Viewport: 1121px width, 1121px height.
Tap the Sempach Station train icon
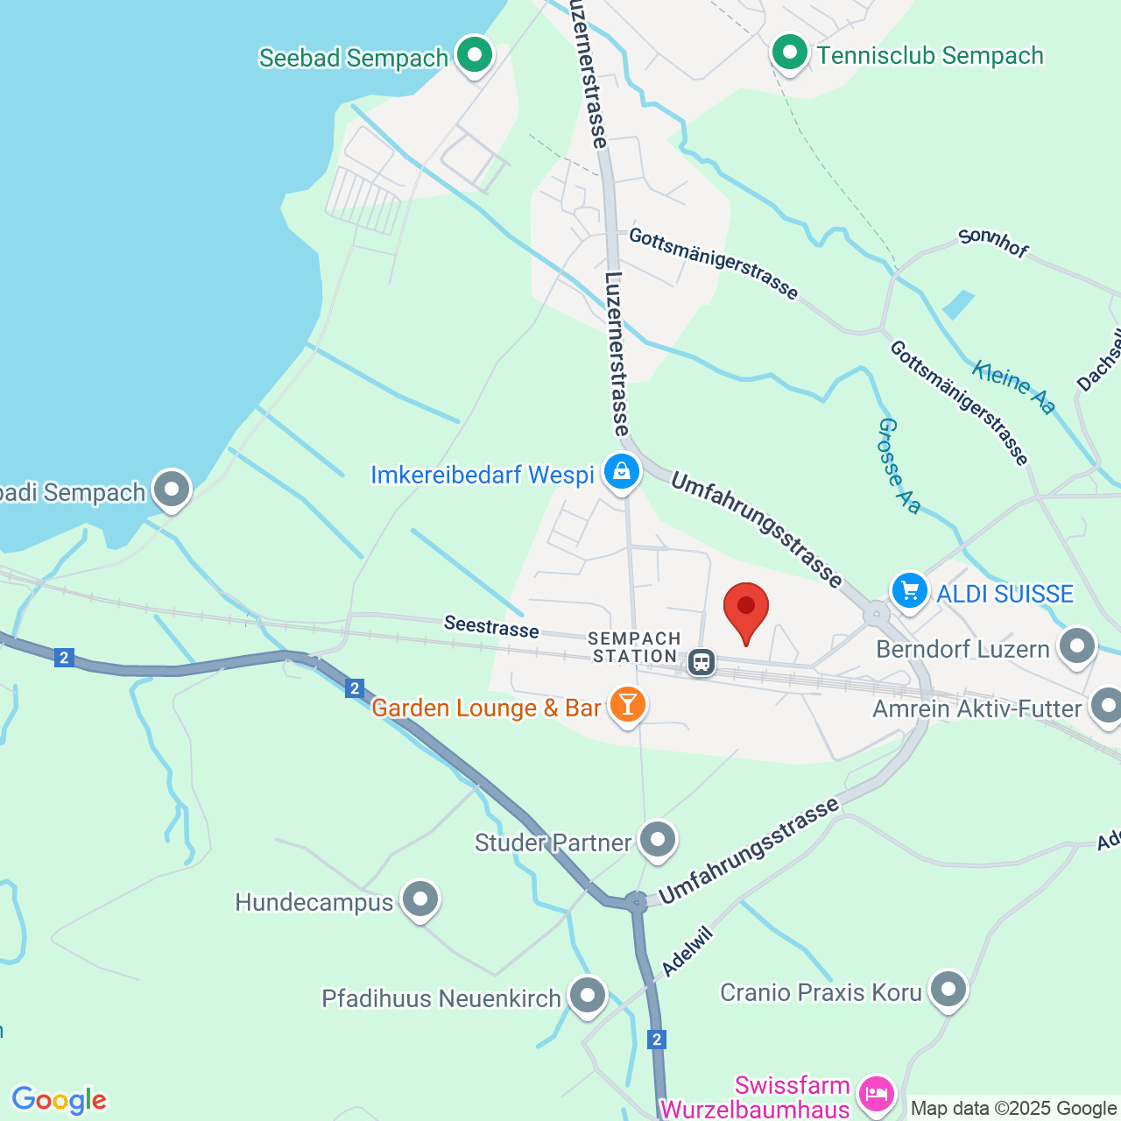pos(701,662)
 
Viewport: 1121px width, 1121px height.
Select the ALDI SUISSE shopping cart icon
pos(910,591)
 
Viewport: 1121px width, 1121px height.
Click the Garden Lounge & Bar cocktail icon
pos(627,704)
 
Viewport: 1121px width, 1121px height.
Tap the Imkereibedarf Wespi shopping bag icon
pos(621,473)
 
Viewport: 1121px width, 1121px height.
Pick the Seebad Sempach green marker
pos(475,55)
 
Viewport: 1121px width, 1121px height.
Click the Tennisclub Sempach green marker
pos(790,53)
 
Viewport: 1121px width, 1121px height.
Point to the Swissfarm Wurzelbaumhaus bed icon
pos(876,1093)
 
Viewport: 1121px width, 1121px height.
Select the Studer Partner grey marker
pos(658,840)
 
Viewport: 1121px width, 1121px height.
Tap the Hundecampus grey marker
pos(420,899)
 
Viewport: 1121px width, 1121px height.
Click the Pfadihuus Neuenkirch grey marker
pos(587,996)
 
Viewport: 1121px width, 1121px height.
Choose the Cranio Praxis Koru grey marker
pos(948,991)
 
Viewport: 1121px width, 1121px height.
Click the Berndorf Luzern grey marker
pos(1077,646)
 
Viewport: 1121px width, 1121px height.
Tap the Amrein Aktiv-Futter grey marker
pos(1107,706)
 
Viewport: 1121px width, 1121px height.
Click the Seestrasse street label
pos(491,626)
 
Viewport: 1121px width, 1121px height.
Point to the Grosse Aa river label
pos(899,466)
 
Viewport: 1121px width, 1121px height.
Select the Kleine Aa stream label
pos(1013,387)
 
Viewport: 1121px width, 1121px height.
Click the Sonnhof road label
pos(993,243)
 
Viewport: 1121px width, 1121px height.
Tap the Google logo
pos(60,1100)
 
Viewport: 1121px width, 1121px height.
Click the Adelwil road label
pos(687,952)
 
